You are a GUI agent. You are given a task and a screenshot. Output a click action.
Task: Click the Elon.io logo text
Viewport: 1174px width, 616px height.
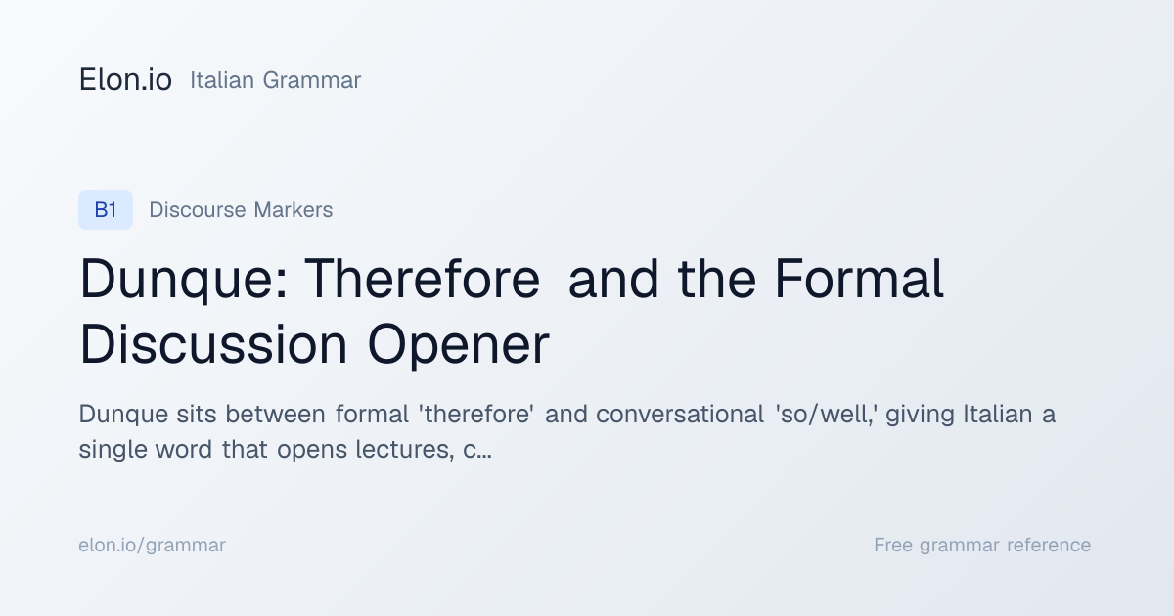[x=125, y=80]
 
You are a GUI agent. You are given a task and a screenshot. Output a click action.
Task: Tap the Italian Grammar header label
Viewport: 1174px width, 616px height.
[x=275, y=80]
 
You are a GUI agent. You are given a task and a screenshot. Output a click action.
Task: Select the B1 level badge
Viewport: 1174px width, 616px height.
[x=106, y=209]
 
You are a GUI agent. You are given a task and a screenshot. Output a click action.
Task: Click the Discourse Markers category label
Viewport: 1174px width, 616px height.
[x=241, y=210]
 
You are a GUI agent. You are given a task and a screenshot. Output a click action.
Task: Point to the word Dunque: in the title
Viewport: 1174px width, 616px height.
[x=184, y=281]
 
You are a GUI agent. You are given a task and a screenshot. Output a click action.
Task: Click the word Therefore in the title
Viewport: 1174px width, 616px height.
[x=422, y=279]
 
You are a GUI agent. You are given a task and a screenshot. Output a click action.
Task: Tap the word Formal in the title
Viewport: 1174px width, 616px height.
[x=859, y=279]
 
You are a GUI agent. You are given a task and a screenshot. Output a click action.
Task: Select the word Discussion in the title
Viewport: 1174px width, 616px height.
[x=213, y=344]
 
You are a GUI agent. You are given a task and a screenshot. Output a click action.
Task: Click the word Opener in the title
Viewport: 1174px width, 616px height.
[x=459, y=346]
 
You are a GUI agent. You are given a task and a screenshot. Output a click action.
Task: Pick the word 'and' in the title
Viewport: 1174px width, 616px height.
[x=613, y=279]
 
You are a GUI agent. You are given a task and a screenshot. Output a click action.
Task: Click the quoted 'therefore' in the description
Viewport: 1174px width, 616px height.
[x=476, y=414]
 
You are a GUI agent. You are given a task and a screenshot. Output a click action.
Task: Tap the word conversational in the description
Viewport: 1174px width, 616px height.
[x=680, y=414]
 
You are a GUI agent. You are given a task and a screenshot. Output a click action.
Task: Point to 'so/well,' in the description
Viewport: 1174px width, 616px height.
[x=827, y=415]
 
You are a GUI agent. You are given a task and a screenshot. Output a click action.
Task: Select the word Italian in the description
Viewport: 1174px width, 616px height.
[x=998, y=414]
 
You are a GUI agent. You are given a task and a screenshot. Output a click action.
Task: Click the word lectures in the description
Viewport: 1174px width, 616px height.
[x=405, y=450]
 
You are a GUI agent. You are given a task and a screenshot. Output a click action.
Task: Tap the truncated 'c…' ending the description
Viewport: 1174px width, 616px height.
[x=477, y=451]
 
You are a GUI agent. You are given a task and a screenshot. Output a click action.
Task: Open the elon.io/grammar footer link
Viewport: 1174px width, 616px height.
[x=152, y=546]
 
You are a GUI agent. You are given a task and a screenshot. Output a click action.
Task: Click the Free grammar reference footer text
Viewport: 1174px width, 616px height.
[x=982, y=546]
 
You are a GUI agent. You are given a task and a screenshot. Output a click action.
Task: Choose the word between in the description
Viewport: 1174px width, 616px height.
[x=275, y=414]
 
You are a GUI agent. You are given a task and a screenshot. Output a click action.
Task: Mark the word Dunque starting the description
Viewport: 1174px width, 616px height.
[x=123, y=415]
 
